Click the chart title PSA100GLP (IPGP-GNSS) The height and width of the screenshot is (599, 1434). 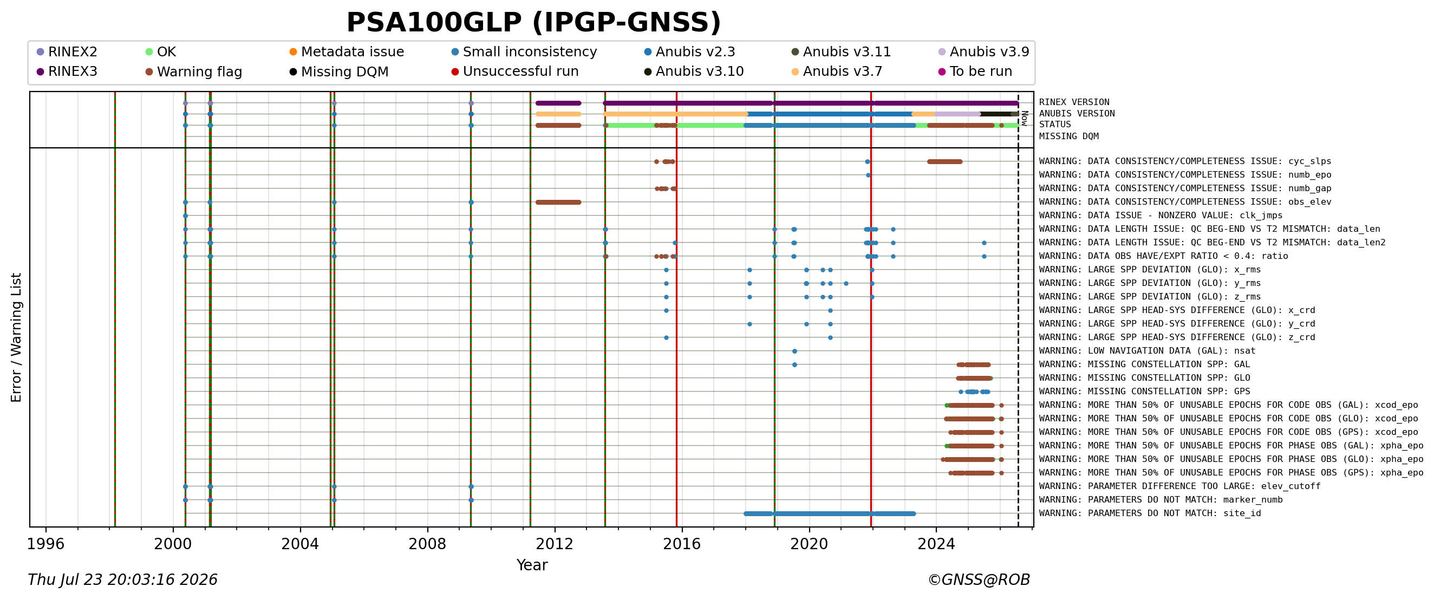pos(533,23)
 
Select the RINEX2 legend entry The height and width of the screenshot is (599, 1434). pos(67,52)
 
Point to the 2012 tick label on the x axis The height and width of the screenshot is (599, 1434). pos(555,544)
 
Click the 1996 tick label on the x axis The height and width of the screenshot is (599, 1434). pos(45,544)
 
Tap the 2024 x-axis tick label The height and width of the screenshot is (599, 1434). pos(936,544)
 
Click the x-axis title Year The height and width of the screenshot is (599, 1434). pos(532,565)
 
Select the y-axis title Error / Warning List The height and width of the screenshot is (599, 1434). pos(16,337)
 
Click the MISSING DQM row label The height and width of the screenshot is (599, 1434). pos(1069,136)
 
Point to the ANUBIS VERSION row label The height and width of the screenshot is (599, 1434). pos(1077,114)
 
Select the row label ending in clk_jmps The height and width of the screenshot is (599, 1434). pos(1161,216)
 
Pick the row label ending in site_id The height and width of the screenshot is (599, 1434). pos(1150,513)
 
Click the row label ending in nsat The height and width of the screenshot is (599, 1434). pos(1147,351)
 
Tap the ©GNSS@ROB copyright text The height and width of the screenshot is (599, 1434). pos(979,580)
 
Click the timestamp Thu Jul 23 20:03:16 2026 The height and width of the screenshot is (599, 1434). pos(122,580)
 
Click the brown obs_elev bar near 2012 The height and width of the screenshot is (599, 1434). pos(558,202)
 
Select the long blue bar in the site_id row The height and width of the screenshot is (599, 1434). pos(830,513)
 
